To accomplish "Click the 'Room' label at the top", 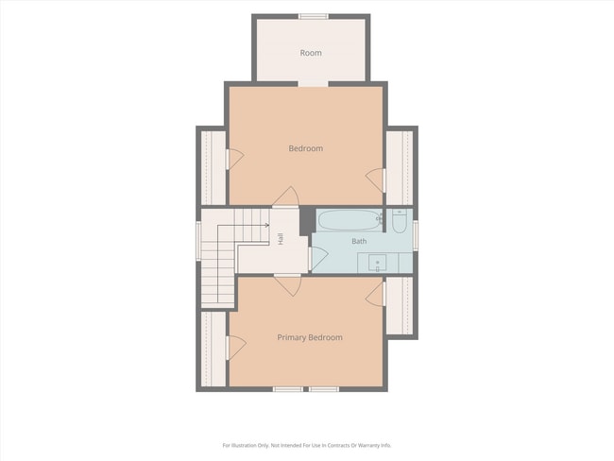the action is coord(311,53).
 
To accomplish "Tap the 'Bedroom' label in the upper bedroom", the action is coord(306,148).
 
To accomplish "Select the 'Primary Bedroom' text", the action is coord(310,337).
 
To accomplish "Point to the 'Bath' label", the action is coord(359,241).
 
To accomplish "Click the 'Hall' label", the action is coord(281,239).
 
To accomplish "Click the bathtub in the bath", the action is coord(349,220).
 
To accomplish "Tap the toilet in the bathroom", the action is coord(399,222).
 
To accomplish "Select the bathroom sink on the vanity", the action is coord(377,263).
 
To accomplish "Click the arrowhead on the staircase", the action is coord(267,225).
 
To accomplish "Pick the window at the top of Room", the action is coord(314,16).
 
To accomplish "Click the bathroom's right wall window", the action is coord(416,235).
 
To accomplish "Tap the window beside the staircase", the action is coord(198,241).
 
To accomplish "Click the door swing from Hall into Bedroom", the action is coord(287,196).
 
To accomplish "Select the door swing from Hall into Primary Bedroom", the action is coord(289,285).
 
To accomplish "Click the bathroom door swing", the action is coord(318,258).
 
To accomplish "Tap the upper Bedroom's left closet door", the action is coord(235,159).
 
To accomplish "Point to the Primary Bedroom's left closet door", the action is coord(237,348).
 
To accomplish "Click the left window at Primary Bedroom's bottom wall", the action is coord(288,389).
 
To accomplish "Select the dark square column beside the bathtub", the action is coord(308,221).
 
